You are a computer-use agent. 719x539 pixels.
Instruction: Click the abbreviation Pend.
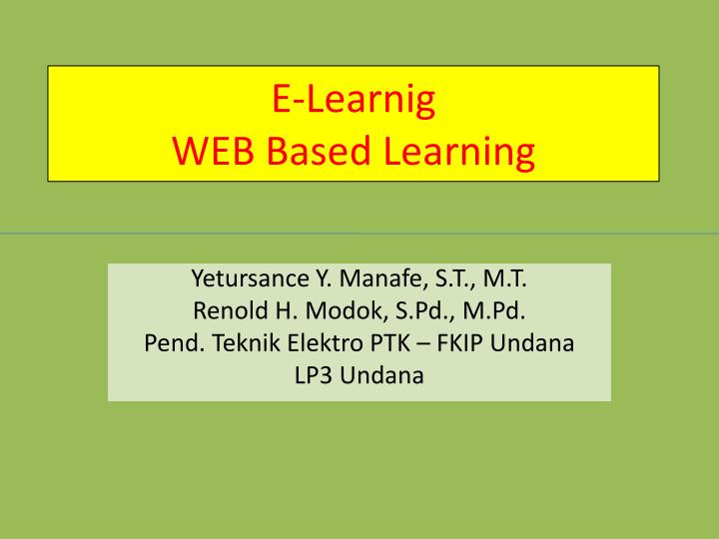pos(168,343)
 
